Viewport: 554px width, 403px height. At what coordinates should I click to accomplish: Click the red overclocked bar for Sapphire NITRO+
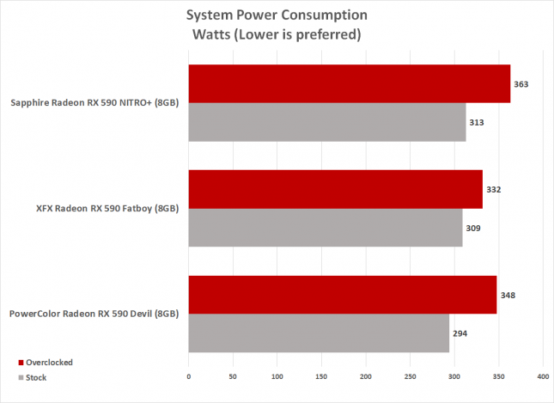point(349,84)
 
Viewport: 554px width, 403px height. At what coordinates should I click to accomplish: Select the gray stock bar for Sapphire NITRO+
point(326,123)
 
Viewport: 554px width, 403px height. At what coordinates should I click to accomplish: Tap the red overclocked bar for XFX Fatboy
point(335,189)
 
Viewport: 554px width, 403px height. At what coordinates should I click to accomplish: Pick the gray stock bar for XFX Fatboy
point(325,228)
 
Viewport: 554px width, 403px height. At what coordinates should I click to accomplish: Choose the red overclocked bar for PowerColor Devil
point(342,295)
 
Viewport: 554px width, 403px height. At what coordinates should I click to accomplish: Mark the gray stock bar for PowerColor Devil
point(318,333)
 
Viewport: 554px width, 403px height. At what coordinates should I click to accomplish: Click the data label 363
point(521,84)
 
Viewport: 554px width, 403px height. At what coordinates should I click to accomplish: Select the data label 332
point(493,190)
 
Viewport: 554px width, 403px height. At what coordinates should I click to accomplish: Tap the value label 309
point(472,229)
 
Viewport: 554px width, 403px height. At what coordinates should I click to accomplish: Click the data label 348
point(507,295)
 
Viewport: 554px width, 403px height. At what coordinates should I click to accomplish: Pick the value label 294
point(460,333)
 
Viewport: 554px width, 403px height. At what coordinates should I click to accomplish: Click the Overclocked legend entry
point(49,362)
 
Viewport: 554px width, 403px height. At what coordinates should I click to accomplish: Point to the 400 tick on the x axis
point(543,376)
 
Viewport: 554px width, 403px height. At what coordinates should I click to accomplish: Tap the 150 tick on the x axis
point(321,376)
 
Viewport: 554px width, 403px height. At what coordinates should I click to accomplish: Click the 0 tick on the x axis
point(189,376)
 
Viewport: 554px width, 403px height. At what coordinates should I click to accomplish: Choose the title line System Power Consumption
point(277,15)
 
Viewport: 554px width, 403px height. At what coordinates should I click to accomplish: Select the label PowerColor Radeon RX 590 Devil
point(94,314)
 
